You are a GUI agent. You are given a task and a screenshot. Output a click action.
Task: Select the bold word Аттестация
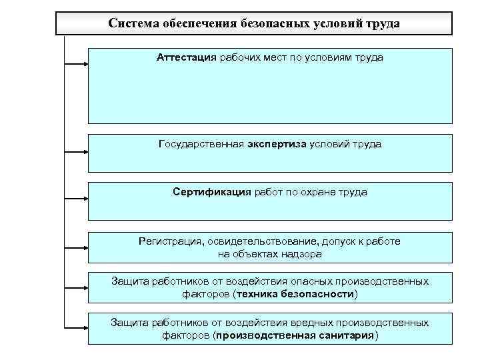187,57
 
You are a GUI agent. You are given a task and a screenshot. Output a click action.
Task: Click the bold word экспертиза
277,143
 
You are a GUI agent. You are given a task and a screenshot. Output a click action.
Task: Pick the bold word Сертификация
211,192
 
